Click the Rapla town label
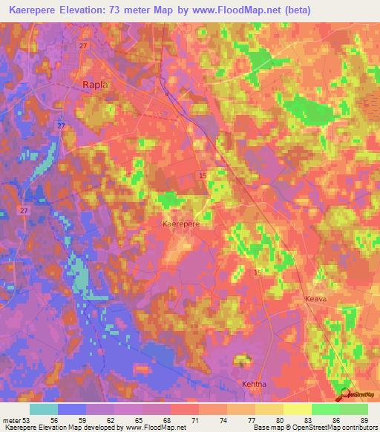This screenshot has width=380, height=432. [94, 85]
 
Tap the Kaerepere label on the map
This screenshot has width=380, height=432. [181, 223]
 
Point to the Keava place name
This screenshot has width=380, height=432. [315, 299]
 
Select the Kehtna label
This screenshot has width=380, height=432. [254, 384]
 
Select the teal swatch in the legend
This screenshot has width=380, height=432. [44, 409]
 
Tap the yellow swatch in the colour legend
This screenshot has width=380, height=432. [297, 409]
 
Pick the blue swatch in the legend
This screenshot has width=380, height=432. [72, 409]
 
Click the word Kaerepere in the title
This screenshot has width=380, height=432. [37, 10]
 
